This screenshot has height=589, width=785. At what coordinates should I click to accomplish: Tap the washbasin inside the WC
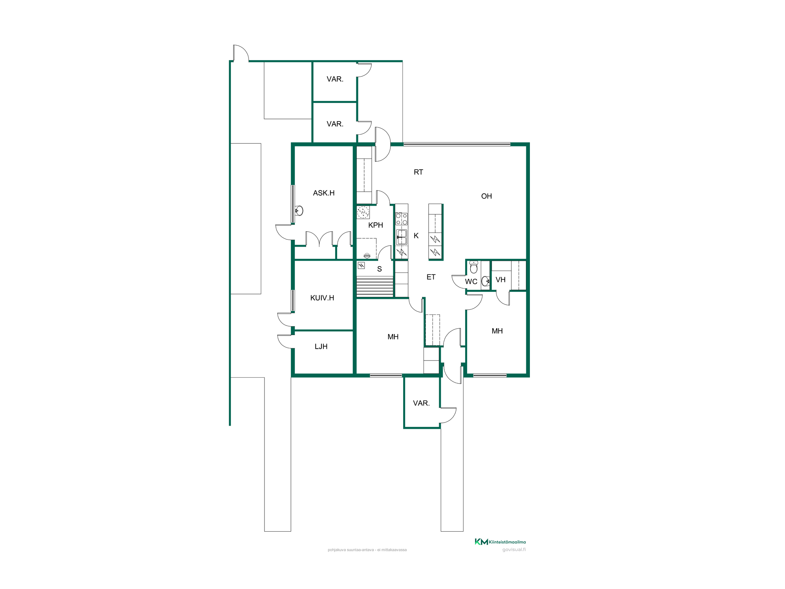486,281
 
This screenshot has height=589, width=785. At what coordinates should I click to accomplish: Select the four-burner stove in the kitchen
402,219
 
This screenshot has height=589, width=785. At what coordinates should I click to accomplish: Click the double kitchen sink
402,237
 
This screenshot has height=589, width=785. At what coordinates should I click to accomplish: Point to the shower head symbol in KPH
367,256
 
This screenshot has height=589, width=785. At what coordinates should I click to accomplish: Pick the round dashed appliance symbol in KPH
363,212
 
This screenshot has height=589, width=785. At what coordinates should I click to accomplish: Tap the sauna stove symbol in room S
361,265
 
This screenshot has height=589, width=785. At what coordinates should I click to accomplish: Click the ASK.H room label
324,193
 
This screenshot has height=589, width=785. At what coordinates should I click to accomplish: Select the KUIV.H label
322,298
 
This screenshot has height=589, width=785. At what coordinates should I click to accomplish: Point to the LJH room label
321,346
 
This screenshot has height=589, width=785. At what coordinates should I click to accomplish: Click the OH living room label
486,196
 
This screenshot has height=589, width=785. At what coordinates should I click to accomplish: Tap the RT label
418,172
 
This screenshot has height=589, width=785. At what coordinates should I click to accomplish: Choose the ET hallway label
431,277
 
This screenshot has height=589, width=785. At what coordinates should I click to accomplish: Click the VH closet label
500,280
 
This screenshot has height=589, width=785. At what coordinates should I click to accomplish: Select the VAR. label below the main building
421,403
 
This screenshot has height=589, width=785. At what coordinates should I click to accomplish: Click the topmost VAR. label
335,79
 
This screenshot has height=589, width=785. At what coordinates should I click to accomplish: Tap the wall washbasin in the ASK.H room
299,211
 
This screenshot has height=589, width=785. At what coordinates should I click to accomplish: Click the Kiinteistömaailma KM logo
500,542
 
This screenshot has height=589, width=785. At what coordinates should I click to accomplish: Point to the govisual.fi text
514,550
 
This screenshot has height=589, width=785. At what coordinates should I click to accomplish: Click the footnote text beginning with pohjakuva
367,550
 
